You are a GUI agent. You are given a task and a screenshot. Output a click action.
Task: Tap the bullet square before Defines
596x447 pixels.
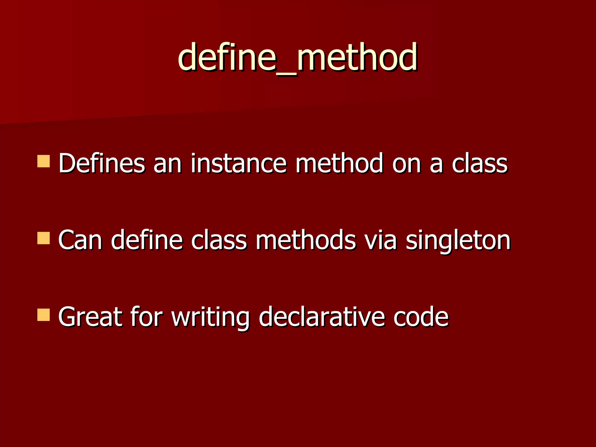pyautogui.click(x=44, y=161)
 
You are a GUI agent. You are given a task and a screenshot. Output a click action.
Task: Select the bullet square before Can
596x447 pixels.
pyautogui.click(x=44, y=238)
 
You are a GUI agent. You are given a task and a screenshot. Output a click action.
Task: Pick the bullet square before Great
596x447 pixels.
pyautogui.click(x=44, y=315)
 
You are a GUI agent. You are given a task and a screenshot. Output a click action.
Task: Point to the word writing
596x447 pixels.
pyautogui.click(x=210, y=318)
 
